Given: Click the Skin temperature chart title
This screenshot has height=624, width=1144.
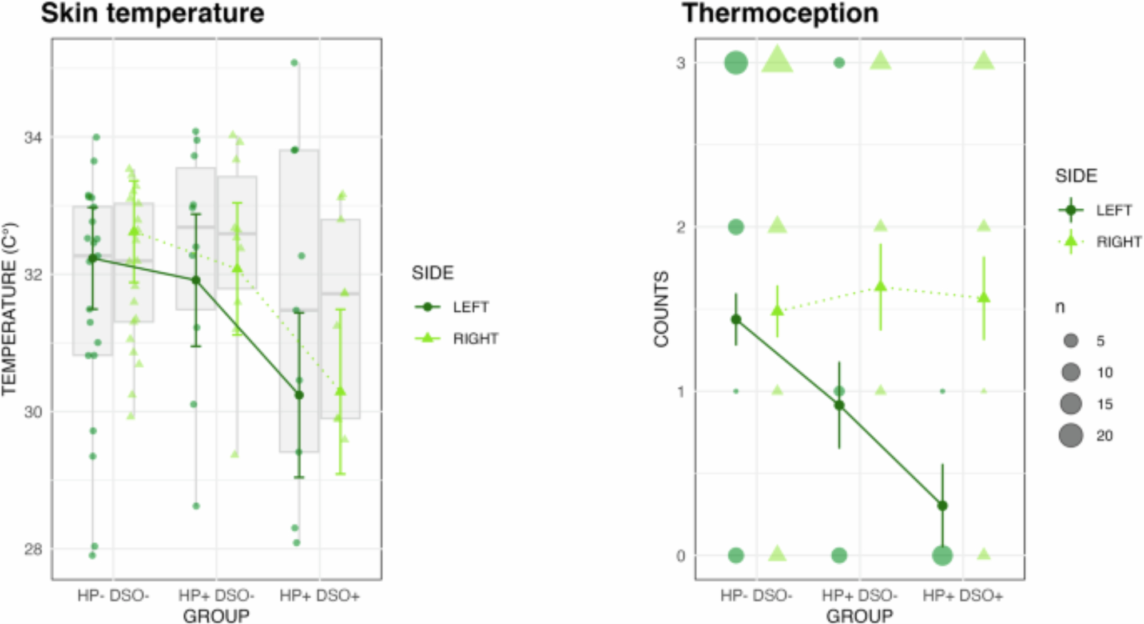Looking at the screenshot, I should pyautogui.click(x=153, y=13).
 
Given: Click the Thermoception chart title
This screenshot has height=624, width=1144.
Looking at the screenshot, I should pyautogui.click(x=780, y=13).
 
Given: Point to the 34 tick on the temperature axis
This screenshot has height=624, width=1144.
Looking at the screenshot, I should pyautogui.click(x=33, y=137).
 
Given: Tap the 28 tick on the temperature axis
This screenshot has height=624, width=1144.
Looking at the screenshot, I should pyautogui.click(x=33, y=549).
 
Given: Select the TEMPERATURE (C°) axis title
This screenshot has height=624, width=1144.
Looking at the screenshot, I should pyautogui.click(x=9, y=309).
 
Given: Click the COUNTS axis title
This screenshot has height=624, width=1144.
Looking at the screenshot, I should pyautogui.click(x=661, y=309).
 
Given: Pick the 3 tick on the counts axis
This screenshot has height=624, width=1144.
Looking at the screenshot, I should pyautogui.click(x=681, y=63).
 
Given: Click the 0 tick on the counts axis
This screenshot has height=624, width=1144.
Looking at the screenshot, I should pyautogui.click(x=681, y=555).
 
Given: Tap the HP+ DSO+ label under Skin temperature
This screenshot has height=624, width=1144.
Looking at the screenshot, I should pyautogui.click(x=320, y=596).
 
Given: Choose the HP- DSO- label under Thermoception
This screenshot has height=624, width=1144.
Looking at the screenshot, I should pyautogui.click(x=756, y=596).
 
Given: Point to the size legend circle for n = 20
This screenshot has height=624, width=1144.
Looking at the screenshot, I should pyautogui.click(x=1071, y=435).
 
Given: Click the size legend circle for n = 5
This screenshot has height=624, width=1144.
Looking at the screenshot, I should pyautogui.click(x=1071, y=341).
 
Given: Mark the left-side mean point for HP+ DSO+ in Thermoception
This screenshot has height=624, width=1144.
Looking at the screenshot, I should pyautogui.click(x=943, y=506).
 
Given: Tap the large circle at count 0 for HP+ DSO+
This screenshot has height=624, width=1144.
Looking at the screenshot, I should pyautogui.click(x=943, y=555).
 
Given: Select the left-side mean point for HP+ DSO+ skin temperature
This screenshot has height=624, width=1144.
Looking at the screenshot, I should pyautogui.click(x=299, y=395).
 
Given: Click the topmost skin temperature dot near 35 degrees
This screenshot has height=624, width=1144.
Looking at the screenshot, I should pyautogui.click(x=295, y=63).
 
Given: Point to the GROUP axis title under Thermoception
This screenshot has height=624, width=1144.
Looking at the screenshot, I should pyautogui.click(x=859, y=616).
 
